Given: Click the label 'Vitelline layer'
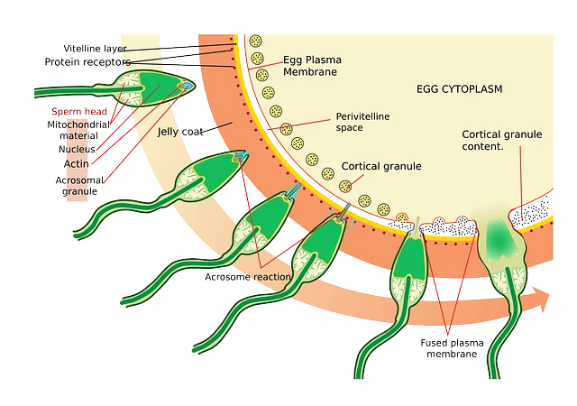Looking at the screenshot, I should (95, 48).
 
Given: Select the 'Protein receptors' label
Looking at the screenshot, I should (87, 61).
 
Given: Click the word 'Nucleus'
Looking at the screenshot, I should (77, 149).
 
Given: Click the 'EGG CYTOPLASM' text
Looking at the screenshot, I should (459, 89).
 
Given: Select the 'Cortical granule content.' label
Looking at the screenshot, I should (501, 139).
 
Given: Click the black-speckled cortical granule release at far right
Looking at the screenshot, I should (533, 213).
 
